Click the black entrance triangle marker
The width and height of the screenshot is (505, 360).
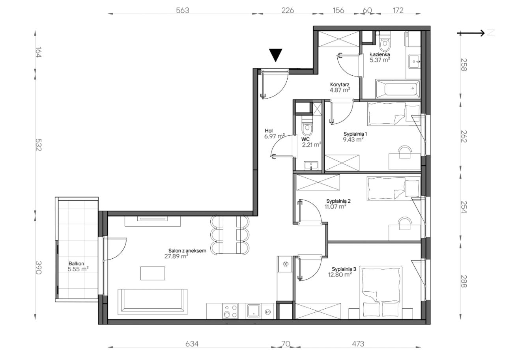point(275,54)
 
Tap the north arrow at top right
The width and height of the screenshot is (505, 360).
point(471,33)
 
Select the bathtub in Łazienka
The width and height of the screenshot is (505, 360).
point(398,89)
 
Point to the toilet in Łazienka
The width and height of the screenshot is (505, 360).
point(385,43)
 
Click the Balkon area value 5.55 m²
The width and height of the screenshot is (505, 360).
point(78,269)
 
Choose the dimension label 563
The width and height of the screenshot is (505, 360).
point(182,10)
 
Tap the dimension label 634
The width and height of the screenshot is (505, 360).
point(192,344)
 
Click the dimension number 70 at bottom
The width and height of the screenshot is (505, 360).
point(286,344)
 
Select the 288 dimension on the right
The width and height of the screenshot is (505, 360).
point(464,282)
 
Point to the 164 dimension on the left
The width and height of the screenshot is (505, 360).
point(39,52)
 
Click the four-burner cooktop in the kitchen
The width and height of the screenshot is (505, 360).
point(230,311)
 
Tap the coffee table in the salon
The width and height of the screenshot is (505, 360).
point(153,273)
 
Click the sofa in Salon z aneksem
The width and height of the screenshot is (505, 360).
point(153,302)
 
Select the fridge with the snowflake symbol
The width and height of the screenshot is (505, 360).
point(284,264)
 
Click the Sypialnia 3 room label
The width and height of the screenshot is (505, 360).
point(344,269)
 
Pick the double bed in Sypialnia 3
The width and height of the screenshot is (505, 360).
point(381,292)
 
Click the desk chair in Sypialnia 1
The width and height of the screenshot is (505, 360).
point(405,152)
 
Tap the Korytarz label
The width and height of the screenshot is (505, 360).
point(340,85)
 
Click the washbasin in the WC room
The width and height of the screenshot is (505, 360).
point(311,166)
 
